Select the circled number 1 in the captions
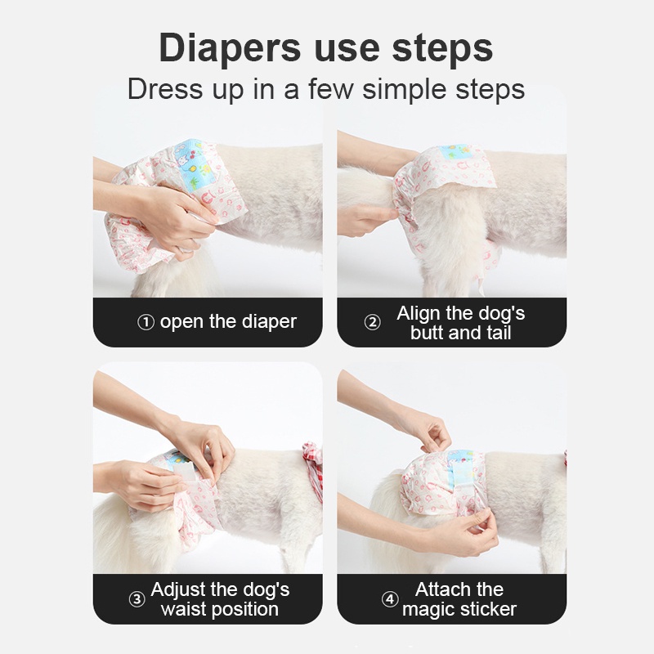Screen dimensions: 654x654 click(146, 322)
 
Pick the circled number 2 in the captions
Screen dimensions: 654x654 click(373, 322)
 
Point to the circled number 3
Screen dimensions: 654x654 click(137, 599)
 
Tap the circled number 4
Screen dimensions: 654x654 click(390, 599)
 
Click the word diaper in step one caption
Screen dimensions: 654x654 click(269, 321)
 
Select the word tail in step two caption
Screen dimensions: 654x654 click(499, 333)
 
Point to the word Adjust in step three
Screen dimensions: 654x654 click(179, 590)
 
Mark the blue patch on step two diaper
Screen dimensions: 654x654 click(458, 153)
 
